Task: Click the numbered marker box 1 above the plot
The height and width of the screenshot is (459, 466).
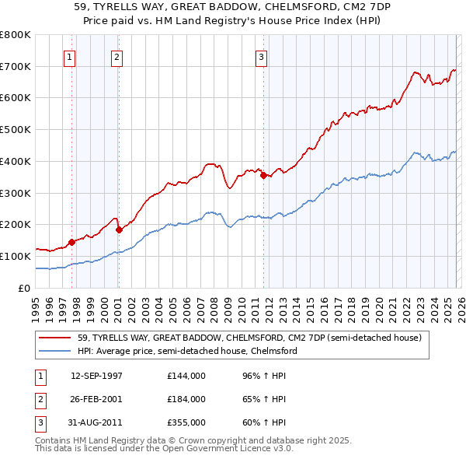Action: point(70,56)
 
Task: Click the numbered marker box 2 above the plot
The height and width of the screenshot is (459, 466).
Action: point(116,56)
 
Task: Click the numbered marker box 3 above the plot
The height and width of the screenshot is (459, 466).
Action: point(262,56)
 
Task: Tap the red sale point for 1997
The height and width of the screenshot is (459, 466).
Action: point(71,242)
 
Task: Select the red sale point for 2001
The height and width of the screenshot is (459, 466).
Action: point(119,229)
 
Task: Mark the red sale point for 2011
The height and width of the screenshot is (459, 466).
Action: point(263,175)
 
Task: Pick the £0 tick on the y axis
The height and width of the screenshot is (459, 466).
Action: point(23,288)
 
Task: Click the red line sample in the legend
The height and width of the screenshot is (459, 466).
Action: point(56,338)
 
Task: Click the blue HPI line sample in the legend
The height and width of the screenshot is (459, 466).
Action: point(56,352)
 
